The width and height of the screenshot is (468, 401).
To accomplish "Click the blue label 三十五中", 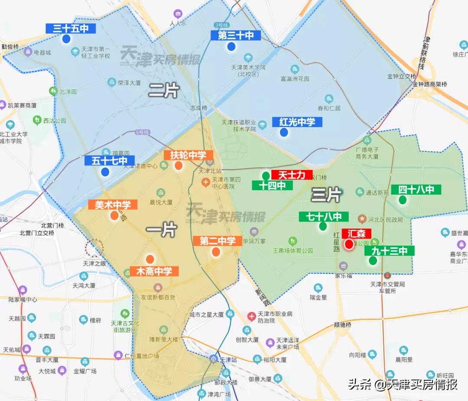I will pos(71,29).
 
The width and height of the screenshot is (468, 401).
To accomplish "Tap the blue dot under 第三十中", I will pos(231,47).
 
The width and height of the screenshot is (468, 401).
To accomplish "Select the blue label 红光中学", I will pos(297,122).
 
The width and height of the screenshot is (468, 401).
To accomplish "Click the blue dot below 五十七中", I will pos(105,172).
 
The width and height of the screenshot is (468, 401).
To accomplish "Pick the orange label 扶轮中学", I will pos(188,155).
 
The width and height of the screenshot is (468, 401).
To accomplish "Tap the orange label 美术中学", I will pos(113,205).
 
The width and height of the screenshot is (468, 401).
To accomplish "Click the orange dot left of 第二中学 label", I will pos(216,251).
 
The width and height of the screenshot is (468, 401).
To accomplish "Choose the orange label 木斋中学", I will pos(154,272).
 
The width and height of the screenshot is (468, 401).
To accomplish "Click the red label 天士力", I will pos(292,175).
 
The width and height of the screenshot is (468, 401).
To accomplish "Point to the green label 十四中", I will pos(272,186).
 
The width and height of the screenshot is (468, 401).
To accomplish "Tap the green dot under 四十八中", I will pos(403,200).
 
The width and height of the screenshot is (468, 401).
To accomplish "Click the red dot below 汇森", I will pos(349,245).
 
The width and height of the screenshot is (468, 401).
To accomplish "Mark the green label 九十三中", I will pos(389,251).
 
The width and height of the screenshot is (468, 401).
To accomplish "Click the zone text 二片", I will pos(164,90).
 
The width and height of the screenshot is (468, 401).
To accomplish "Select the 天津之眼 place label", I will pos(94,263).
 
